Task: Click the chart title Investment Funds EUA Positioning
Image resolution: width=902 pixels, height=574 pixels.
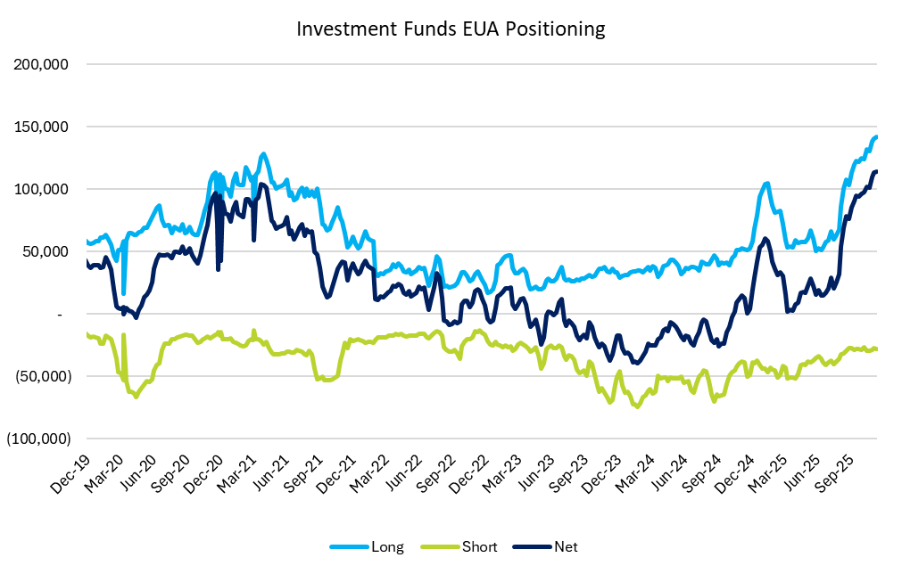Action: pos(451,29)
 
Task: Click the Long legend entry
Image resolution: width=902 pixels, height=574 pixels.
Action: pos(386,546)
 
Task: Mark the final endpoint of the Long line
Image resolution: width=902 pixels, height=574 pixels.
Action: pos(877,136)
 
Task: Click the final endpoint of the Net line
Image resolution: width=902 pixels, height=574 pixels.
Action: pos(877,171)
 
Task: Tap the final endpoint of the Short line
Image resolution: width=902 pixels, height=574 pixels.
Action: pos(877,348)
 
